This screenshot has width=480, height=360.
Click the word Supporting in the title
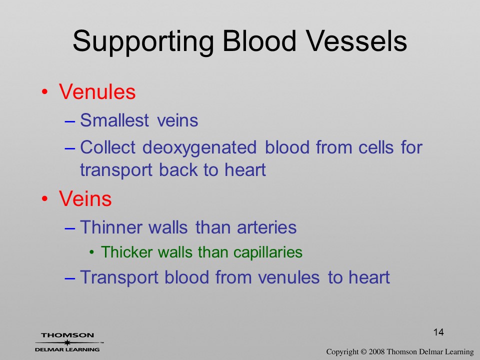[143, 42]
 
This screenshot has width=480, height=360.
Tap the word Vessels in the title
[356, 41]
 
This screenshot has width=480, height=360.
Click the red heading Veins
[85, 198]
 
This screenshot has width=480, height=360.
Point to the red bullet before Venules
[44, 92]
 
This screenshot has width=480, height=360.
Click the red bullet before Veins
[44, 199]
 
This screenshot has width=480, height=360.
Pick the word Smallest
[114, 120]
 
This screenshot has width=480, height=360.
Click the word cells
[376, 147]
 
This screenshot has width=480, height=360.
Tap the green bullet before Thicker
[91, 252]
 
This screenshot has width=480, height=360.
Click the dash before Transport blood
[70, 278]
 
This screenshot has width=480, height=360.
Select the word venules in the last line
[289, 277]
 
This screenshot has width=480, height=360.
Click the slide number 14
[438, 332]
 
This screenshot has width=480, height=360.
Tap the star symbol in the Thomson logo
[67, 342]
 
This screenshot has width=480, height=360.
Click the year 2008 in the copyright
[376, 351]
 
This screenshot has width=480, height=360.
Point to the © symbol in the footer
[363, 352]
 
